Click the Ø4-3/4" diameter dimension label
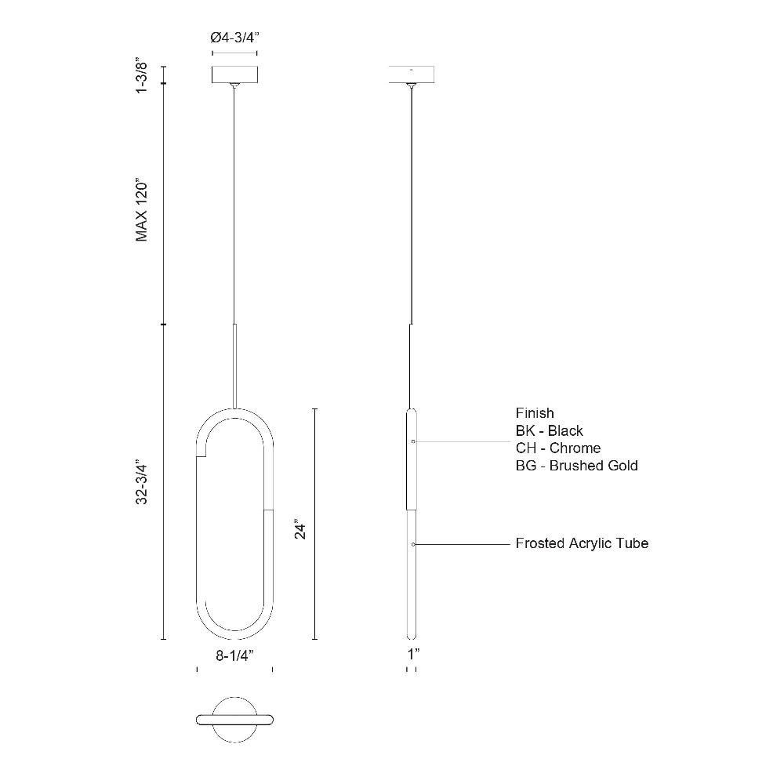[x=234, y=38]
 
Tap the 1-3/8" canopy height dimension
[x=141, y=77]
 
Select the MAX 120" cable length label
[x=141, y=209]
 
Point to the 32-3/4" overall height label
[x=141, y=484]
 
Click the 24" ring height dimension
[x=299, y=531]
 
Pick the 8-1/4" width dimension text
[x=235, y=655]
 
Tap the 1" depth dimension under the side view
[x=413, y=654]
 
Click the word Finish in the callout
[x=535, y=413]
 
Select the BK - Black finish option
[x=549, y=430]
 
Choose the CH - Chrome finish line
[x=558, y=448]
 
